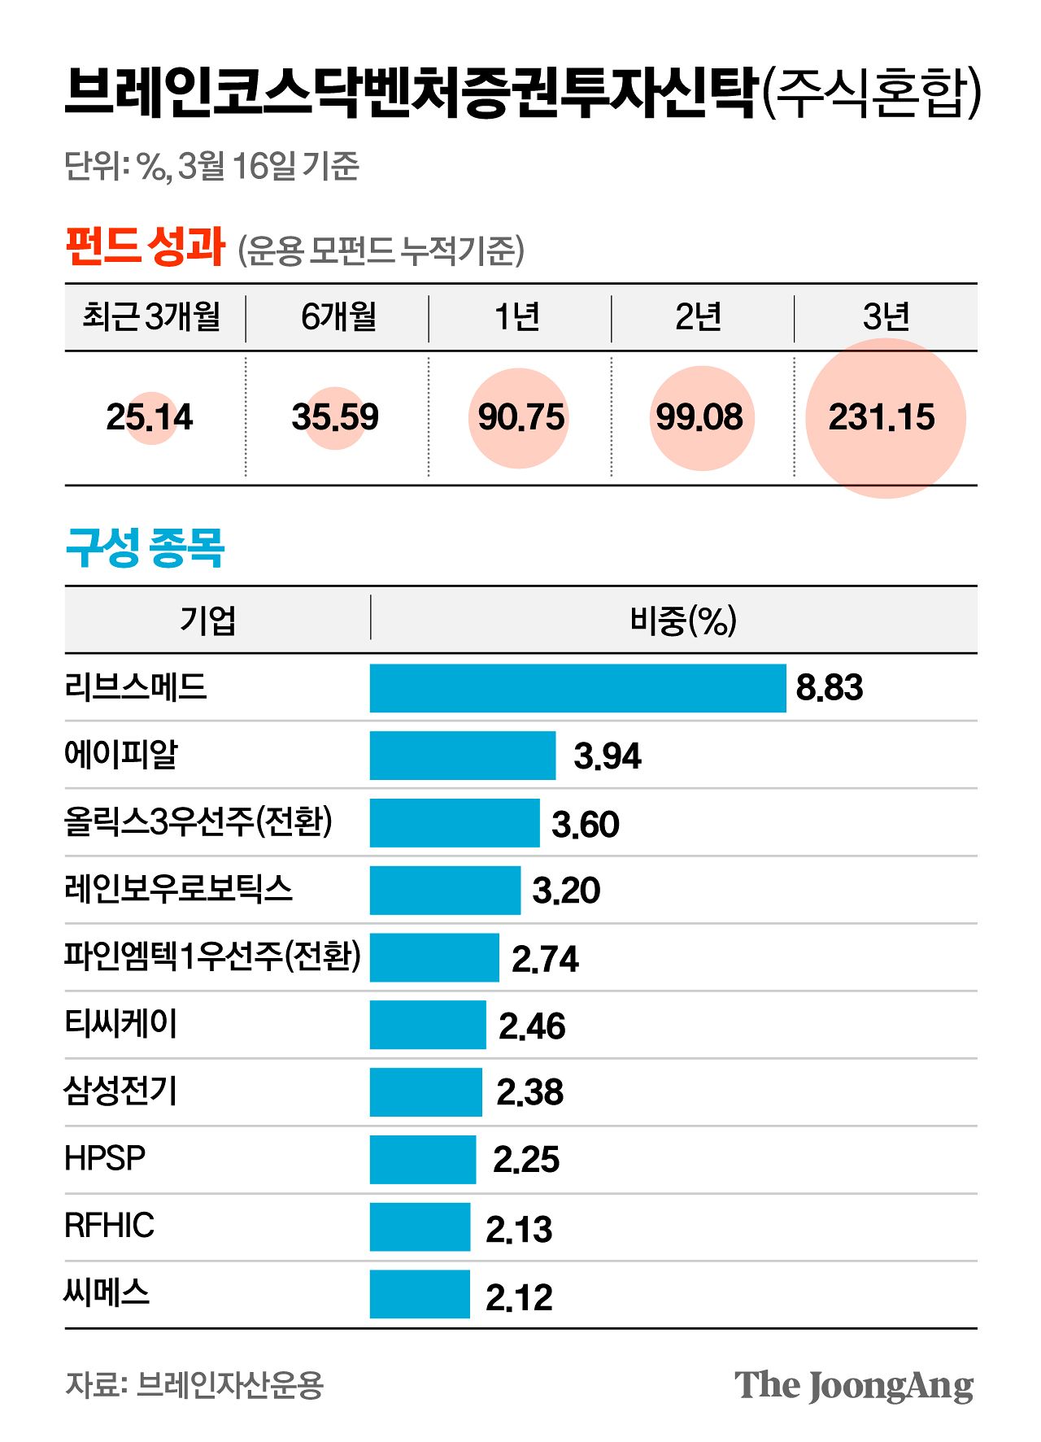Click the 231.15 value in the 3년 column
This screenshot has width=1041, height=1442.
[x=882, y=417]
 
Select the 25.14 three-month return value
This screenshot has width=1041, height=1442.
[x=150, y=417]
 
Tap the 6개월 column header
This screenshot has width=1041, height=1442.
[x=338, y=317]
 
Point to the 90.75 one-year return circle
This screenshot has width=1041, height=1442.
[x=520, y=417]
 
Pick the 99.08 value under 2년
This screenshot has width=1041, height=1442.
[x=700, y=417]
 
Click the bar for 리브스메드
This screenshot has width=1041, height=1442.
[x=577, y=688]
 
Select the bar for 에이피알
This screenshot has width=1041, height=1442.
[x=462, y=756]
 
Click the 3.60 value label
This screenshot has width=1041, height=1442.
[x=586, y=825]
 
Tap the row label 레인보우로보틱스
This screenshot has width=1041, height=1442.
[x=178, y=889]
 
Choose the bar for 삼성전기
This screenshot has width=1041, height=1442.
[x=425, y=1092]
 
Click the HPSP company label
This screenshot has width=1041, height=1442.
[x=105, y=1158]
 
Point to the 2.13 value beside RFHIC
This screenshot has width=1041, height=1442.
[x=519, y=1229]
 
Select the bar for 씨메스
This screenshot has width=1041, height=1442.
[x=420, y=1294]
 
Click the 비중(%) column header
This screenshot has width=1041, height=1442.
[x=683, y=621]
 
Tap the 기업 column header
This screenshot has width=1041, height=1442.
[x=208, y=621]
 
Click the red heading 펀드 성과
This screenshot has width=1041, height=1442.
[x=145, y=246]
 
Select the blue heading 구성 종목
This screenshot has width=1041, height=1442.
[x=145, y=548]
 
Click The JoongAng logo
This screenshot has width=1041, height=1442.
[x=853, y=1386]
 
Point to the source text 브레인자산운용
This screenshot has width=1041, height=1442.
[x=229, y=1384]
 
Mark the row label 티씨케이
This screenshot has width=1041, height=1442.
[x=120, y=1024]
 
